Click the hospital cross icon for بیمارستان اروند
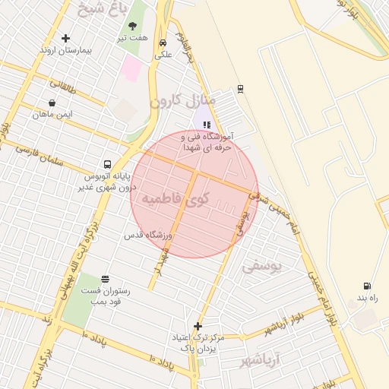coord(65,38)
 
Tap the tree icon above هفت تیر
coord(132,26)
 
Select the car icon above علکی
coord(163,43)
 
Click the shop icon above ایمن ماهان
coord(52,103)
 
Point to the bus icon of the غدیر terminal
coord(107,163)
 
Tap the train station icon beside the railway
coord(240,89)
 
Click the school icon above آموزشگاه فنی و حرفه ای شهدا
coord(207,125)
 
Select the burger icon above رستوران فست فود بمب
coord(104,279)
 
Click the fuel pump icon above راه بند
coord(367,286)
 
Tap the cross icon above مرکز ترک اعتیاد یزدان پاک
coord(198,325)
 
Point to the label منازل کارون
coord(182,100)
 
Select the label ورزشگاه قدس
coord(150,236)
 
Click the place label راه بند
coord(367,298)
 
